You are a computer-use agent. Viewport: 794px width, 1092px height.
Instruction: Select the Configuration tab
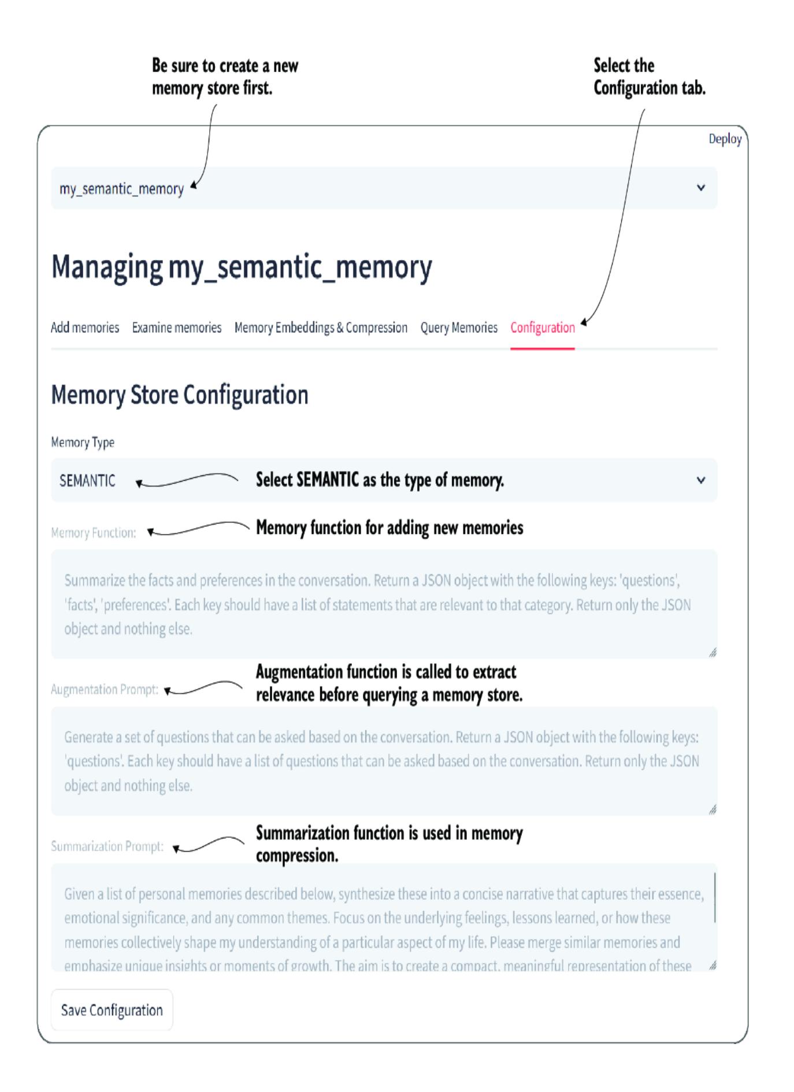542,328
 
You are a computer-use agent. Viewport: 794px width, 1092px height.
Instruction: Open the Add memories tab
85,328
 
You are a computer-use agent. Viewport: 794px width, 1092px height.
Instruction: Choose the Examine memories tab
177,328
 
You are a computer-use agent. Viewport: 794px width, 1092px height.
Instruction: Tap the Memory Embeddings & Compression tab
321,328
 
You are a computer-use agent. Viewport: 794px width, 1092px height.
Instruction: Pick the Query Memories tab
459,328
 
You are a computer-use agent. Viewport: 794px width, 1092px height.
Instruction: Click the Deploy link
725,139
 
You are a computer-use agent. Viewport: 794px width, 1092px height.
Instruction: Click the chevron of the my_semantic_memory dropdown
701,188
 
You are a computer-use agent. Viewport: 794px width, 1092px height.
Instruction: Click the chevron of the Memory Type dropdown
701,480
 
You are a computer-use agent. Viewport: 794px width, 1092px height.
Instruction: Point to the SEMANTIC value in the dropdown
87,481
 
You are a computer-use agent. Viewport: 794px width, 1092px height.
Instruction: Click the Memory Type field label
83,442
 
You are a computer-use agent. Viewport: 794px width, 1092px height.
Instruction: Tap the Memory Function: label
94,533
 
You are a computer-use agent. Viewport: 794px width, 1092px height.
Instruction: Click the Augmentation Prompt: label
105,689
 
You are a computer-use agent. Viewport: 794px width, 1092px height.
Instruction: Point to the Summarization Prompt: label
107,846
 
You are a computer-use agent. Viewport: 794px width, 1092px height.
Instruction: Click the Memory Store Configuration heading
180,395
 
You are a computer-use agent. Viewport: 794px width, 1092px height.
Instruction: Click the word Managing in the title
107,267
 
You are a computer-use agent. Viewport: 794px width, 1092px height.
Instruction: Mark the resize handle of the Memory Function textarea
713,653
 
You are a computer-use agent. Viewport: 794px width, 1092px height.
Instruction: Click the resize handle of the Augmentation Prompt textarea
713,810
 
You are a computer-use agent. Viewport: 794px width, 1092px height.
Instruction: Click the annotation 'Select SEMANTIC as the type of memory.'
380,480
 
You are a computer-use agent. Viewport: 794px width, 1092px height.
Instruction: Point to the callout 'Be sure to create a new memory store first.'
225,76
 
